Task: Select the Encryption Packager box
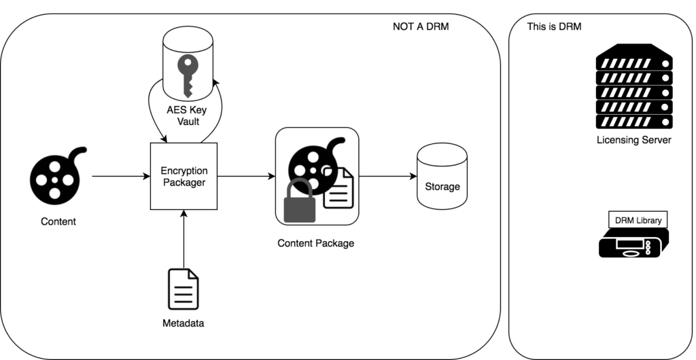(184, 177)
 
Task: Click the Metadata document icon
(184, 289)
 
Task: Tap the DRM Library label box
(638, 220)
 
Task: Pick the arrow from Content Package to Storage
(387, 177)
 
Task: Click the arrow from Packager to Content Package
(245, 177)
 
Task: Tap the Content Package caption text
(316, 242)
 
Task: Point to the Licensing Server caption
(633, 140)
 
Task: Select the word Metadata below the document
(184, 323)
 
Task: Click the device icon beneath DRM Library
(633, 242)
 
